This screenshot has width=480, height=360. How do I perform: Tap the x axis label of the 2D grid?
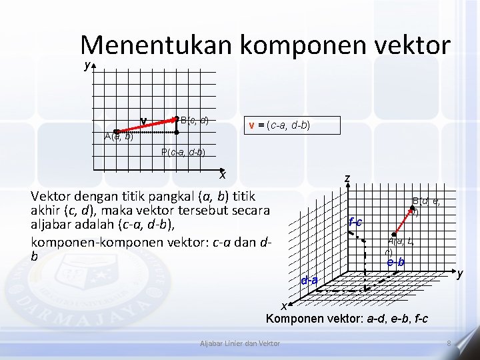coord(223,175)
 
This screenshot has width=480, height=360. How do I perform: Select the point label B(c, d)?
coord(194,121)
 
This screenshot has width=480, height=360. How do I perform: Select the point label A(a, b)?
coord(119,137)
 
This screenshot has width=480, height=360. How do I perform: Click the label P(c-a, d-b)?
coord(183,152)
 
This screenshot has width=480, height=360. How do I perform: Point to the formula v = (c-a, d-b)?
coord(279,125)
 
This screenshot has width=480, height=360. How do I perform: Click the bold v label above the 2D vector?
coord(143,120)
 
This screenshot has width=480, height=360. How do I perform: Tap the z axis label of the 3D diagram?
coord(347,179)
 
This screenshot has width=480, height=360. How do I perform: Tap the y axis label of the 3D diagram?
coord(459,273)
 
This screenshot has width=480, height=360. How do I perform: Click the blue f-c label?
coord(355,222)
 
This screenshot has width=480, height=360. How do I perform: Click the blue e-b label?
coord(395,263)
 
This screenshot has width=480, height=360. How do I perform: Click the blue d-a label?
coord(309,280)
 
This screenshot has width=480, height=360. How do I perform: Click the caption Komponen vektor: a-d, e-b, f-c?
coord(347,319)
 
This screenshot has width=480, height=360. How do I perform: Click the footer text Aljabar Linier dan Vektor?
coord(240,343)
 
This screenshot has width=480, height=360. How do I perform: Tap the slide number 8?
coord(449,343)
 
